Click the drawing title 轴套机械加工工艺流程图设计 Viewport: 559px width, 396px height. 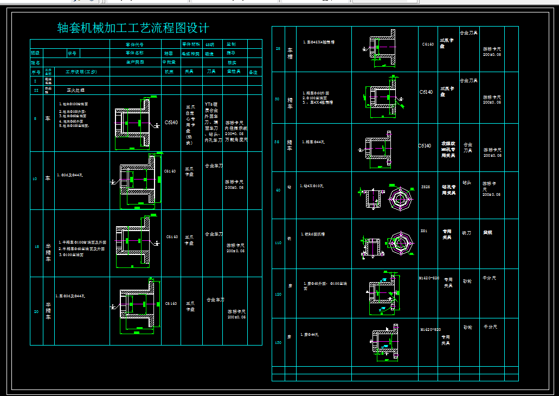(x=133, y=28)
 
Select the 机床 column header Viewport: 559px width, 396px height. (x=169, y=72)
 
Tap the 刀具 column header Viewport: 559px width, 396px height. (x=211, y=72)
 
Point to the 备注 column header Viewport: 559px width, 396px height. (x=253, y=72)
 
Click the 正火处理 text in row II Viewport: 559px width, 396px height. (x=76, y=90)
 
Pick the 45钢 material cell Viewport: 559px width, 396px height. (x=210, y=44)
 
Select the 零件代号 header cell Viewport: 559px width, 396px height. (x=135, y=44)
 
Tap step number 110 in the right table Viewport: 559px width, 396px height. (x=278, y=243)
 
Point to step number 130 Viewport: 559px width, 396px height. (x=278, y=342)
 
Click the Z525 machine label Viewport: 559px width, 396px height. (x=426, y=186)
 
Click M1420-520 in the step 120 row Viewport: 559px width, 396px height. (x=429, y=278)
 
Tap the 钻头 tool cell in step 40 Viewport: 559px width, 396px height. (x=466, y=183)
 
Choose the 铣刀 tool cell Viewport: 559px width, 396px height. (x=466, y=233)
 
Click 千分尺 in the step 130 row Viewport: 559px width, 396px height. (x=490, y=328)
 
